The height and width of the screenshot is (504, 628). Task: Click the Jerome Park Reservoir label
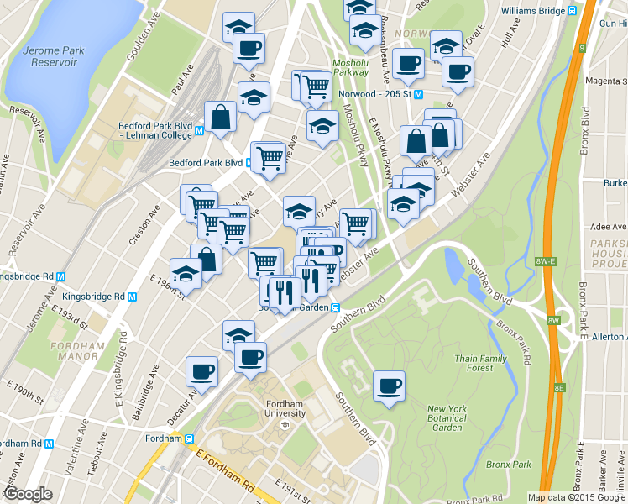pos(54,56)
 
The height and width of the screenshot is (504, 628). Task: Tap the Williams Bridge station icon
pos(572,11)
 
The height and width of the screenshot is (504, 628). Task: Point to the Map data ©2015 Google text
pos(577,497)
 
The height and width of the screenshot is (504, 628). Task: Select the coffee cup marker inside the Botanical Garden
pos(389,386)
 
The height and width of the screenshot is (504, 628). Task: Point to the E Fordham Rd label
pos(225,470)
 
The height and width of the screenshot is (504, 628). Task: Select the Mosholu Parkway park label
pos(350,68)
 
